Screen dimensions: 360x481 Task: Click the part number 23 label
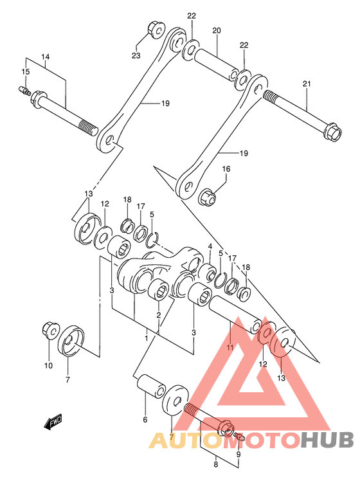(136, 55)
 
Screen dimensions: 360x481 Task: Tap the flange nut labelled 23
(156, 30)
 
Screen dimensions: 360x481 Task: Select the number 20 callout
(217, 31)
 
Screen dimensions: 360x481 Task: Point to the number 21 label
(307, 84)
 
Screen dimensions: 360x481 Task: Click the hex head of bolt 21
(332, 131)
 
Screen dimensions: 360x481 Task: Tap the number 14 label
(46, 57)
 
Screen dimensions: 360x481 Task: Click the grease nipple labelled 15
(24, 90)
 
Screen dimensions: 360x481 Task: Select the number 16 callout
(226, 169)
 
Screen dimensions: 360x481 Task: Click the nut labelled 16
(208, 197)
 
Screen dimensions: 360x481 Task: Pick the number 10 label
(48, 366)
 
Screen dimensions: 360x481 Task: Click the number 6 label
(145, 420)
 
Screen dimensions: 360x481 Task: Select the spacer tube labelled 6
(151, 386)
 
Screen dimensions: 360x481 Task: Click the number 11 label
(230, 347)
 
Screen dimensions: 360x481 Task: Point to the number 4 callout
(210, 246)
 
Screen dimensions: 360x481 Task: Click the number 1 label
(147, 338)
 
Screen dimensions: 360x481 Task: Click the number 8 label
(215, 464)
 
